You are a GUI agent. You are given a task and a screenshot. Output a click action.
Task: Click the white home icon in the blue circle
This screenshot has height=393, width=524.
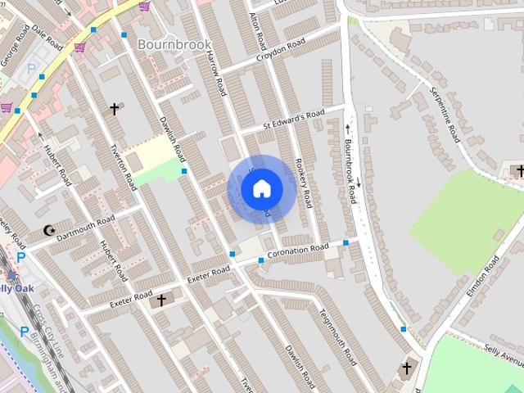(x=262, y=189)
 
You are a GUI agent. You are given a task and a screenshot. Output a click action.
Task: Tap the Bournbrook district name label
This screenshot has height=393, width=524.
(x=174, y=43)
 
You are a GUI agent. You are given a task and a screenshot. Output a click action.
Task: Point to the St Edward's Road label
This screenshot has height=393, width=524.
(x=293, y=120)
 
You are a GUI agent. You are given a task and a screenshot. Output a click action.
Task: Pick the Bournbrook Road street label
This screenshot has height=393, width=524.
(x=350, y=169)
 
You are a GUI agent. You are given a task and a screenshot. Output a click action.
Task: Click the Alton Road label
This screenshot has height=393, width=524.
(x=258, y=29)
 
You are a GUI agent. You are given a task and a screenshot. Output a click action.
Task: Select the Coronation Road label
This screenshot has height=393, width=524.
(x=297, y=250)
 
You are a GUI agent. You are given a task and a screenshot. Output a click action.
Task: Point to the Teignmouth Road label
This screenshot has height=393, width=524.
(x=337, y=336)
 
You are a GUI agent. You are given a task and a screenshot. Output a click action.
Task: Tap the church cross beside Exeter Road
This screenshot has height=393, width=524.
(x=160, y=300)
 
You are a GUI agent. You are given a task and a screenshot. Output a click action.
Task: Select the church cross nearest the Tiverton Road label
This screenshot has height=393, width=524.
(x=114, y=108)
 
